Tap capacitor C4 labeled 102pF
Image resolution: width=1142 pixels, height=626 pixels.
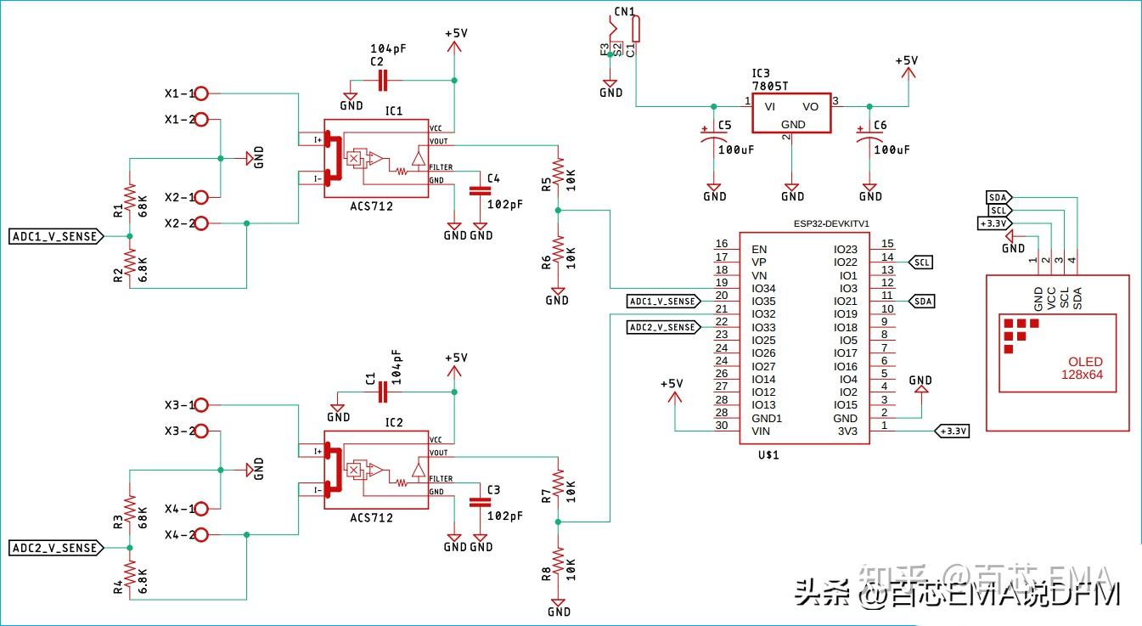pyautogui.click(x=481, y=191)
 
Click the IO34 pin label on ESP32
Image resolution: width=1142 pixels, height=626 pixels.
pyautogui.click(x=763, y=288)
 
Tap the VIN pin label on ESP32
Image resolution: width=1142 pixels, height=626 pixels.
pyautogui.click(x=761, y=431)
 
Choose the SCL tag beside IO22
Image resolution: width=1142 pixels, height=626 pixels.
pyautogui.click(x=922, y=262)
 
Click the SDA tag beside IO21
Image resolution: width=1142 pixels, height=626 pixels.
pyautogui.click(x=922, y=301)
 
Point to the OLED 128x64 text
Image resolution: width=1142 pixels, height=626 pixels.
pyautogui.click(x=1086, y=368)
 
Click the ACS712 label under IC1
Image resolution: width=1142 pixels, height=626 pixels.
pyautogui.click(x=371, y=206)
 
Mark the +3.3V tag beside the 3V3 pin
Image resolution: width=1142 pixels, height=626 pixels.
pyautogui.click(x=952, y=431)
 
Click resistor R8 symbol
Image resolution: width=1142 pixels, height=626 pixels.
pyautogui.click(x=558, y=562)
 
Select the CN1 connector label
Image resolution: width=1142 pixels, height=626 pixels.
pyautogui.click(x=624, y=12)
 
